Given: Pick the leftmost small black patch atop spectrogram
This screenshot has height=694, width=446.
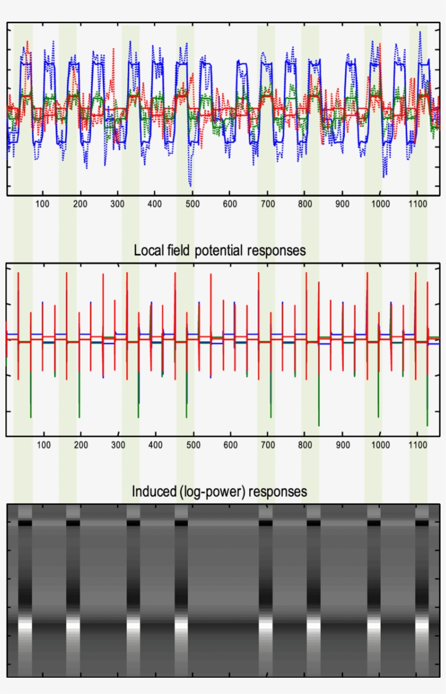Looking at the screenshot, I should (25, 523).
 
